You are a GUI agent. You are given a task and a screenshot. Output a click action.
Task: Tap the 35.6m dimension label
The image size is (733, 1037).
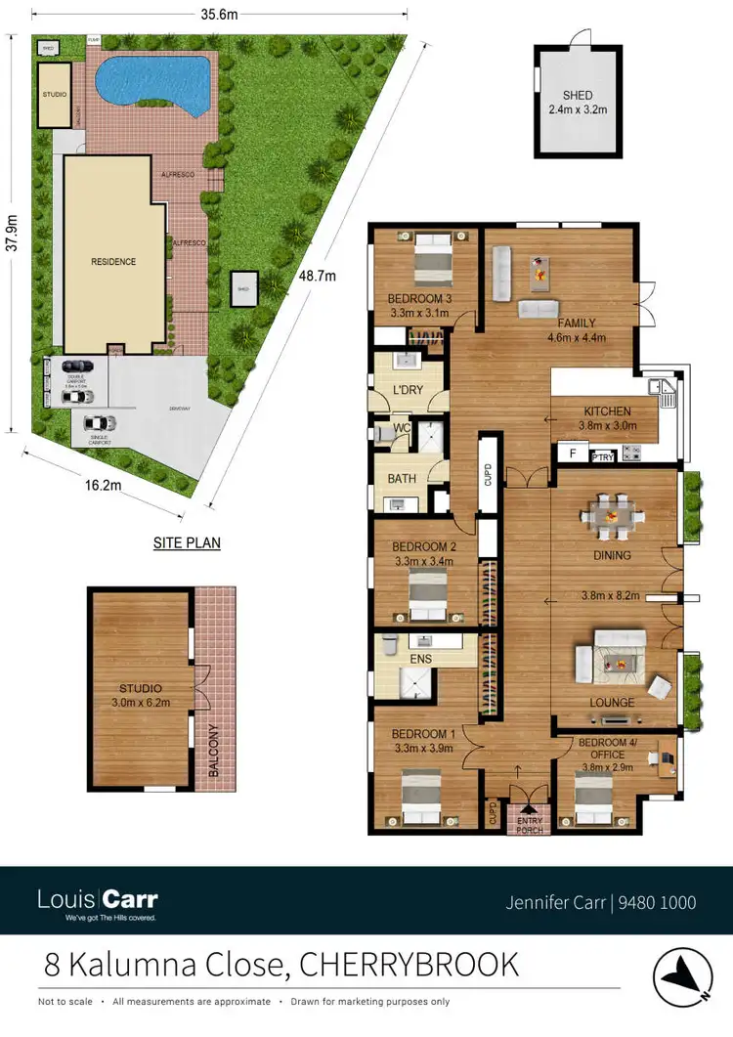tap(219, 15)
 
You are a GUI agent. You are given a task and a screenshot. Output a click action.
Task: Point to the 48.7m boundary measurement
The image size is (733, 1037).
tap(317, 276)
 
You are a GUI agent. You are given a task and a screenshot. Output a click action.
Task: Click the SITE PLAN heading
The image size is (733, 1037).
tap(187, 542)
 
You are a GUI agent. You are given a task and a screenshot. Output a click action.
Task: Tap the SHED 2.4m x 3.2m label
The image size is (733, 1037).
tap(578, 103)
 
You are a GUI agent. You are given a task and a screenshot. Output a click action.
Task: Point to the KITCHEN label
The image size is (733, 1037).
tap(607, 411)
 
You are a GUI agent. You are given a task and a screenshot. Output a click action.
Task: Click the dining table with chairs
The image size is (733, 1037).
tap(611, 515)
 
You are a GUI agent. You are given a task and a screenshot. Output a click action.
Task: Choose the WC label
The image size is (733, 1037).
tap(401, 428)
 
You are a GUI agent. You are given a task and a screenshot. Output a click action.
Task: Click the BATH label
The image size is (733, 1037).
tap(402, 479)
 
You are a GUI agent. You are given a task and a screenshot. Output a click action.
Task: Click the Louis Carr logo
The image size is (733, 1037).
tap(97, 900)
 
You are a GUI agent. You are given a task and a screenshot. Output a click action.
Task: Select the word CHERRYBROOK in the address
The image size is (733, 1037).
tap(410, 965)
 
